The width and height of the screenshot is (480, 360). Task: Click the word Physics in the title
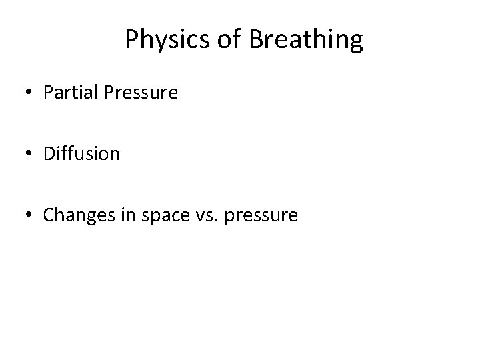[167, 41]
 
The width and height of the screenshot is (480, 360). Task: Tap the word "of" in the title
[229, 41]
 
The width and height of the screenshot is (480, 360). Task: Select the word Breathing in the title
[307, 41]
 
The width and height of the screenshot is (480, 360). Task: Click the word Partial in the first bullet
[71, 93]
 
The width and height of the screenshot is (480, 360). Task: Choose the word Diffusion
[81, 154]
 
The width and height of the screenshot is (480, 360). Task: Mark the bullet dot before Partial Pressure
[29, 93]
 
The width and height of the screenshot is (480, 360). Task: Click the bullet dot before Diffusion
[29, 154]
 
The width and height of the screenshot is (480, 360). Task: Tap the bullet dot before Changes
[29, 215]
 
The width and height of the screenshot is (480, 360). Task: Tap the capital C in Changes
[49, 215]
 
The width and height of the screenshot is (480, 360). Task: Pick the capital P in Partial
[48, 93]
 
